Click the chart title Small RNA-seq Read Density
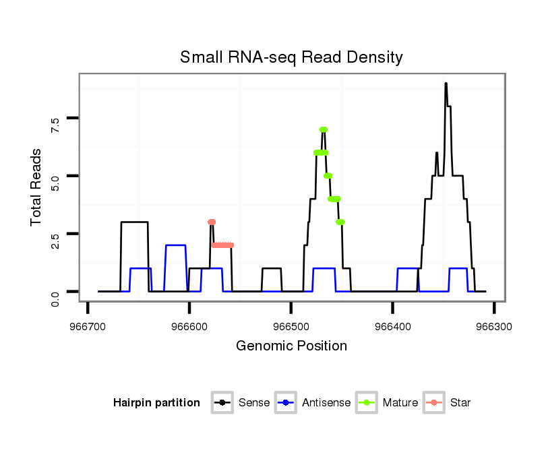(x=291, y=57)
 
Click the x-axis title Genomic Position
(x=291, y=346)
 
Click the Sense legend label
(x=254, y=403)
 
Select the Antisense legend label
(x=326, y=403)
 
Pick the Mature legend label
(x=400, y=403)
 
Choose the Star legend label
(x=461, y=403)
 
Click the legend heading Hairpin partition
(x=156, y=403)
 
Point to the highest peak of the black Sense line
(x=446, y=84)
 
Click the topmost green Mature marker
(x=324, y=129)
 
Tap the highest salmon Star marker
(x=212, y=222)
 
